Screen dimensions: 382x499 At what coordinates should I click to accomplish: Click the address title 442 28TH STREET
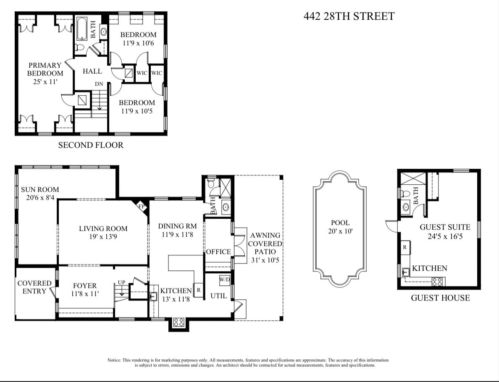pos(349,16)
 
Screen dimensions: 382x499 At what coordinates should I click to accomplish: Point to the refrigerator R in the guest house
pos(404,248)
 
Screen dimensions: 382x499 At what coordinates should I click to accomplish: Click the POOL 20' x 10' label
pos(340,227)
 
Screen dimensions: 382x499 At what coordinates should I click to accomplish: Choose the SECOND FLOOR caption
pos(91,145)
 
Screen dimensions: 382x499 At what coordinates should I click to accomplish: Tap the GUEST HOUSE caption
pos(440,298)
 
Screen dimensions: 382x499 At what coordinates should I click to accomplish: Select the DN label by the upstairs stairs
pos(99,84)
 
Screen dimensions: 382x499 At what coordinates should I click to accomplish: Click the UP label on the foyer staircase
pos(122,282)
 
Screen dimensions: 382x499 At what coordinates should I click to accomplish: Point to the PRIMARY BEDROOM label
pos(45,73)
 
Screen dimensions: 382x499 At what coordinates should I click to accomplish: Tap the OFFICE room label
pos(218,252)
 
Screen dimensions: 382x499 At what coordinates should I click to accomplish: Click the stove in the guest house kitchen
pos(436,282)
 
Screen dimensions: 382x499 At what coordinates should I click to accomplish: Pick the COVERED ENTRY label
pos(34,288)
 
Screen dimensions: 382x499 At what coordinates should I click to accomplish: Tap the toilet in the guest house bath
pos(405,194)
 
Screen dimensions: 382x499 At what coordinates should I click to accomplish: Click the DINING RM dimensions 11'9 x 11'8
pos(177,235)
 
